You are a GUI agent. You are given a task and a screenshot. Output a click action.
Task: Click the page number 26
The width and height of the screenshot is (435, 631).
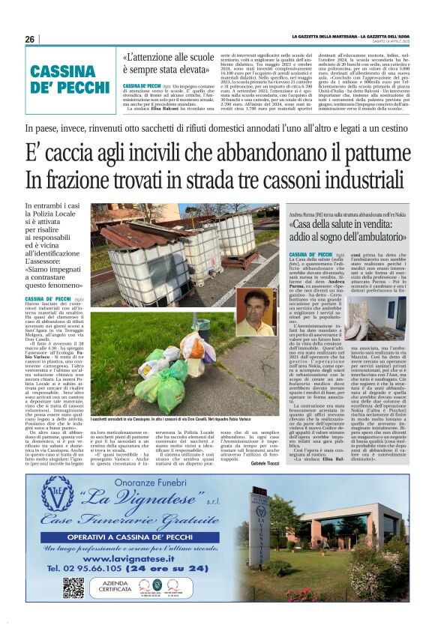point(29,39)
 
